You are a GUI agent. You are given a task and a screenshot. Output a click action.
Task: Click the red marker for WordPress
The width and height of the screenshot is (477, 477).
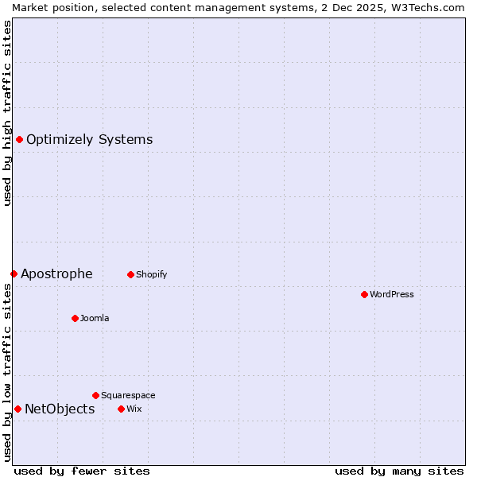click(364, 294)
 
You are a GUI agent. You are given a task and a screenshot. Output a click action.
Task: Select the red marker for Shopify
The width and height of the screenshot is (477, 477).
click(130, 274)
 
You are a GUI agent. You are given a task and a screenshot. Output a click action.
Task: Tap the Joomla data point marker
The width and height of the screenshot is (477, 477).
click(75, 318)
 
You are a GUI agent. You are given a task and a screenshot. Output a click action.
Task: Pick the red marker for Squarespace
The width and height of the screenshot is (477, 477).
click(95, 395)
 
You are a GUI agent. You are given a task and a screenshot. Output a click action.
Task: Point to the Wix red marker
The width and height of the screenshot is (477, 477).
click(121, 409)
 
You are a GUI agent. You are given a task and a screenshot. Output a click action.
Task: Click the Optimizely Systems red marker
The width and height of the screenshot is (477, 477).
click(19, 140)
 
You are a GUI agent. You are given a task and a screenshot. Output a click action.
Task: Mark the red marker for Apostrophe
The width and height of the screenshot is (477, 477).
click(14, 273)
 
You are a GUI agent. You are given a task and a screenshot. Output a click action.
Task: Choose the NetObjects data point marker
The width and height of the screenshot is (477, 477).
click(17, 409)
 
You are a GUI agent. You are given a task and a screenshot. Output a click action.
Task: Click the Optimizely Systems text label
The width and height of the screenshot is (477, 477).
click(89, 140)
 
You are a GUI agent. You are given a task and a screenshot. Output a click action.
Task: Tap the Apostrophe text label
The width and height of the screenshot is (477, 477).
click(56, 274)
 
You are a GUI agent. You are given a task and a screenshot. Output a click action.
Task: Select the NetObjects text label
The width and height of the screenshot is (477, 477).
click(60, 409)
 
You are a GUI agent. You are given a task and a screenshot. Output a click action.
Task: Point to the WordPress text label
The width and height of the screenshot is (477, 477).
click(392, 294)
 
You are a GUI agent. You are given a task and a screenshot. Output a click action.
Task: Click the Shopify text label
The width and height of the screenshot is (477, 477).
click(151, 274)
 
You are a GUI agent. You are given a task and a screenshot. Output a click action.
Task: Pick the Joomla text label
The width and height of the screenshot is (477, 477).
click(95, 318)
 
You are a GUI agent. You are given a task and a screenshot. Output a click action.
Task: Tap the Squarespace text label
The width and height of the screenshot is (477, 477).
click(128, 395)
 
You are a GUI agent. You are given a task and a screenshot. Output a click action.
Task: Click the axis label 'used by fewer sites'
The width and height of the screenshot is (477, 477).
click(82, 471)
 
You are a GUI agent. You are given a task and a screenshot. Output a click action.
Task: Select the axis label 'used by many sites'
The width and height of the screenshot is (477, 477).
click(399, 471)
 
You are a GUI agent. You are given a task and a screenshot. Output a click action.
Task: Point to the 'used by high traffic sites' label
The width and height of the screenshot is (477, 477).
click(7, 113)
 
